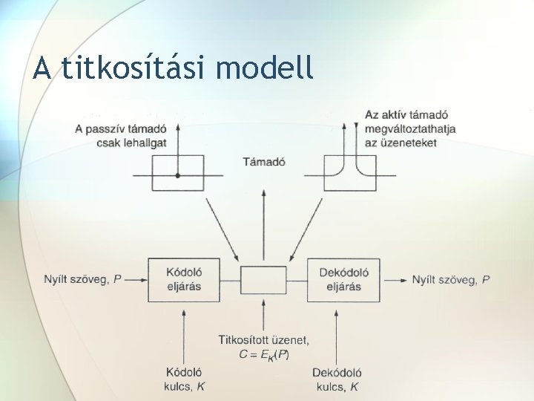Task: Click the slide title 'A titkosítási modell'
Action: pos(174,68)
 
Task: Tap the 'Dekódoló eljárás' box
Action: pos(343,279)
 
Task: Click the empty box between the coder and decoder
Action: pos(263,280)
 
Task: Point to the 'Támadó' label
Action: pos(264,161)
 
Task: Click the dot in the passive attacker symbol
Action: pos(178,175)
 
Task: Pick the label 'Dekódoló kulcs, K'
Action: pos(337,378)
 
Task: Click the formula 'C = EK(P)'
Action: pos(264,354)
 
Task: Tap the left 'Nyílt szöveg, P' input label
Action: pos(82,279)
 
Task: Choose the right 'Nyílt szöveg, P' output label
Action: pos(450,279)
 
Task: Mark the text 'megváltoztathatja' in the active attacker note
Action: pos(409,128)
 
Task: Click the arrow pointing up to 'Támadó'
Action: pos(263,223)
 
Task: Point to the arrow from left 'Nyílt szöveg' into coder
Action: pos(136,279)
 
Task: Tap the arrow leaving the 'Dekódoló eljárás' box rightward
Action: pos(393,279)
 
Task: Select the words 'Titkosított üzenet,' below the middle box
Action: pos(264,340)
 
